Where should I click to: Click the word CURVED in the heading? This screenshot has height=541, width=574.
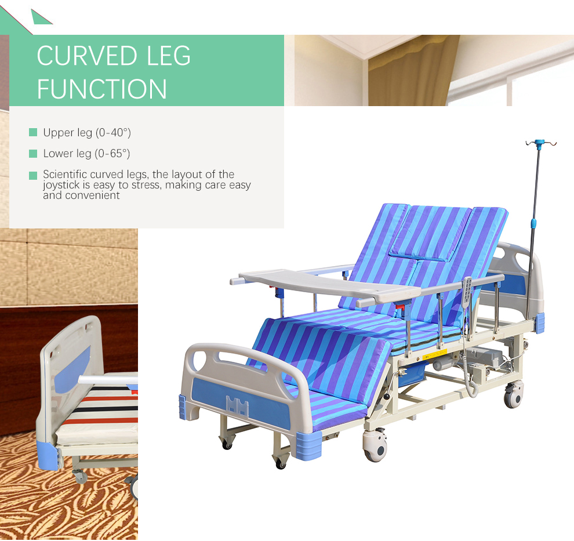tap(85, 56)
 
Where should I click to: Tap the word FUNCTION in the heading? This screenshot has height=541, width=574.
tap(102, 89)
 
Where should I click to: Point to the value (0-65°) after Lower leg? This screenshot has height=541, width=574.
tap(112, 154)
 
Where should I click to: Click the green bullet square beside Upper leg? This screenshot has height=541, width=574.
tap(33, 133)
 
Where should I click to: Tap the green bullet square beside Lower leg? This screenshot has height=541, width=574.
tap(33, 154)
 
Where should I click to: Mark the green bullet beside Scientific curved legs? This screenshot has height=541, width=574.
tap(33, 175)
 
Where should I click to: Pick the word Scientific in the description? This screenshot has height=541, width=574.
tap(65, 175)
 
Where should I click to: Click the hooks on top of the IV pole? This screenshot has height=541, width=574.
tap(540, 143)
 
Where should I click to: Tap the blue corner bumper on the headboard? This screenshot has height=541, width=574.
tap(540, 322)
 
